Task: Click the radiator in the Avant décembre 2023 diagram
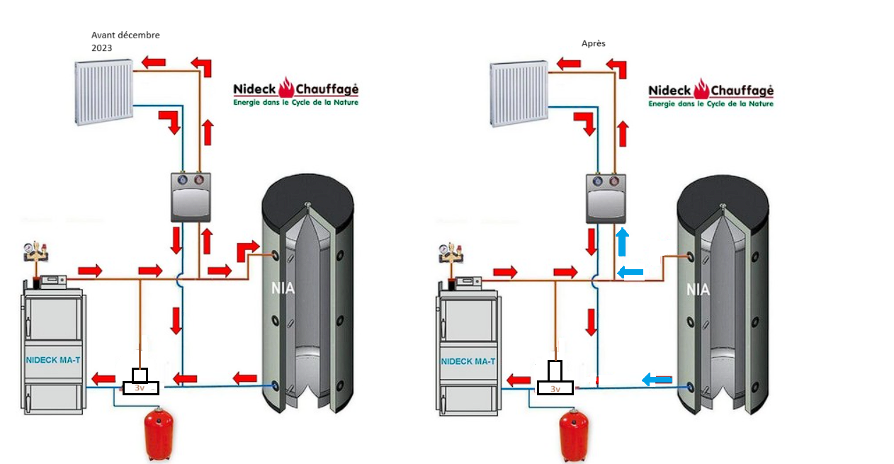pyautogui.click(x=103, y=93)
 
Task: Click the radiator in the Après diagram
pyautogui.click(x=519, y=93)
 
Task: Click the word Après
pyautogui.click(x=594, y=44)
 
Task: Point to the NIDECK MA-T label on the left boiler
pyautogui.click(x=53, y=360)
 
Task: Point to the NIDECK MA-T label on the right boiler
pyautogui.click(x=468, y=361)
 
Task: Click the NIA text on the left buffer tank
pyautogui.click(x=283, y=289)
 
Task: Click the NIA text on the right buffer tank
pyautogui.click(x=698, y=289)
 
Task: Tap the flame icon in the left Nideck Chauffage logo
pyautogui.click(x=286, y=89)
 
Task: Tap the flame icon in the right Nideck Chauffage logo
pyautogui.click(x=701, y=89)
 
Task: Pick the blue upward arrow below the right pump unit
pyautogui.click(x=622, y=242)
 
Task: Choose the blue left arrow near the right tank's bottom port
pyautogui.click(x=657, y=380)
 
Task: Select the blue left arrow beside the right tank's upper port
pyautogui.click(x=630, y=271)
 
